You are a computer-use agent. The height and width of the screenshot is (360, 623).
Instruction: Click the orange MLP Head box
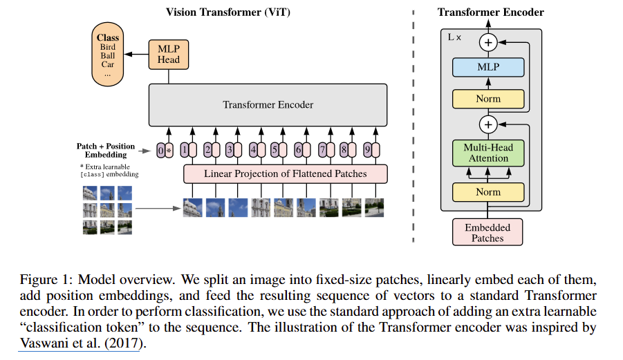(x=169, y=54)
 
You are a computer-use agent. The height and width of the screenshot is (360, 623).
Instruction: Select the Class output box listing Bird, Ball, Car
(x=108, y=55)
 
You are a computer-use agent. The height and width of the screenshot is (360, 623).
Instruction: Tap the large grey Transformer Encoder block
(x=268, y=105)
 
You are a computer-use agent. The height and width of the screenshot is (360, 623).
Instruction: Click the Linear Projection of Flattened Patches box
(x=285, y=173)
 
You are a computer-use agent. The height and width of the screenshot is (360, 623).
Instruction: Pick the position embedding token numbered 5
(x=275, y=149)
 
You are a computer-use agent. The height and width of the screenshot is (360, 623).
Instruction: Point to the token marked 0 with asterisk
(x=164, y=149)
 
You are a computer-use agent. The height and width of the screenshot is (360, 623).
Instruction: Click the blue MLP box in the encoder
(x=488, y=68)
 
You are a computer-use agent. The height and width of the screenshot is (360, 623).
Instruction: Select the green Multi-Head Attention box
(x=488, y=153)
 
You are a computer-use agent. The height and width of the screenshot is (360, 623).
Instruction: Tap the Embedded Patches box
(x=487, y=233)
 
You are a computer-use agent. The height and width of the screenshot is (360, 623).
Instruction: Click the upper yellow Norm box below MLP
(x=488, y=99)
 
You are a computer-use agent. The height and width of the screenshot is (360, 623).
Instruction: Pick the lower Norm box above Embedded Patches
(x=488, y=192)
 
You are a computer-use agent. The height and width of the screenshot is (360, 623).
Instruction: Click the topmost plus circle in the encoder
(x=489, y=43)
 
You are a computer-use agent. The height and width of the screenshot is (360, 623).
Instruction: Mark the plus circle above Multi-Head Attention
(x=489, y=124)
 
